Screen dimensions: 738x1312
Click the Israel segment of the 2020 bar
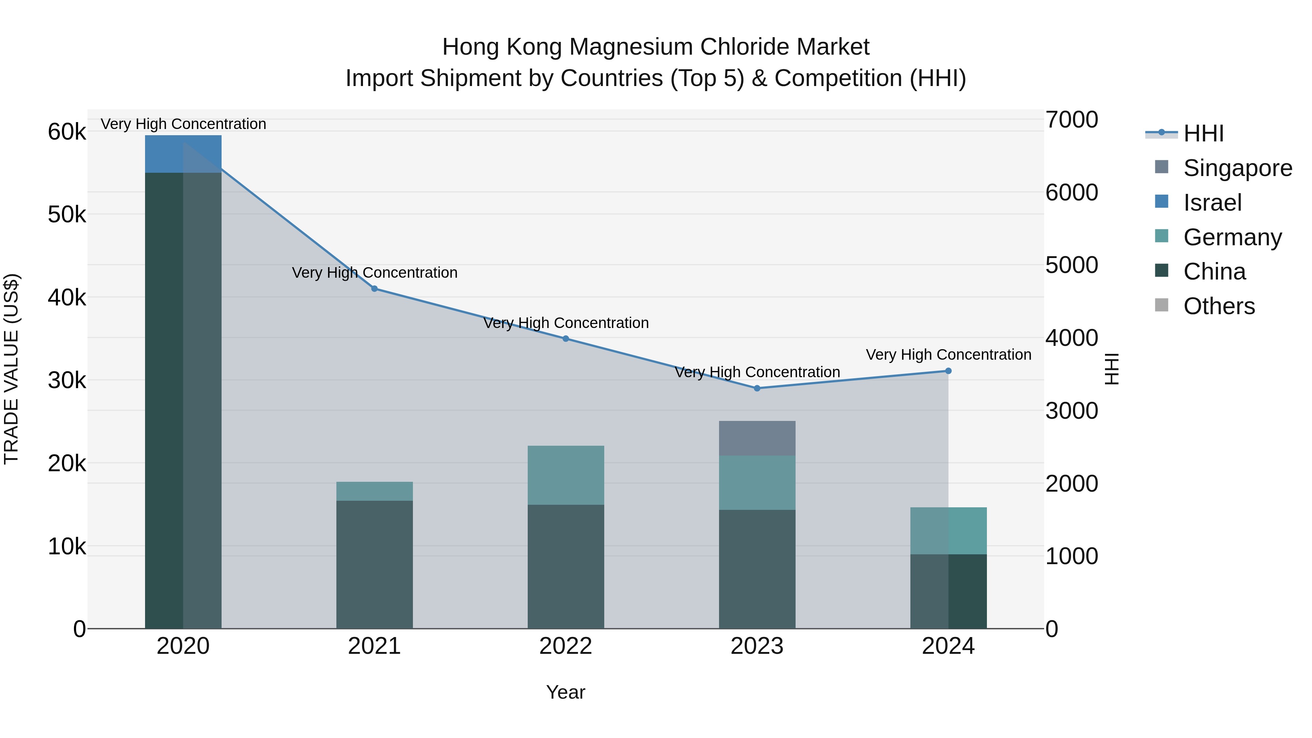point(183,154)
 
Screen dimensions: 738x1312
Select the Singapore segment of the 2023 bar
point(757,438)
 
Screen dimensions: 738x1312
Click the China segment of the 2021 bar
point(374,564)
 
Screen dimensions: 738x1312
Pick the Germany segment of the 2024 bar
point(948,530)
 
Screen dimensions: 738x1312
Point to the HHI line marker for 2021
point(374,289)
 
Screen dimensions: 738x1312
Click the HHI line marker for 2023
point(757,388)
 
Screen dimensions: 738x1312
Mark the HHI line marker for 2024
point(948,371)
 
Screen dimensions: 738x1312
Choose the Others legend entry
point(1219,306)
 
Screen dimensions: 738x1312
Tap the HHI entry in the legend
point(1203,133)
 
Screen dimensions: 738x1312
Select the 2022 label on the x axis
point(565,646)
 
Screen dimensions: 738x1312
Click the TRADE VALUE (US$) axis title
point(11,369)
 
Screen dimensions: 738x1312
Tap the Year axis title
point(565,692)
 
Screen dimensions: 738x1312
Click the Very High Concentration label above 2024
point(948,355)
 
